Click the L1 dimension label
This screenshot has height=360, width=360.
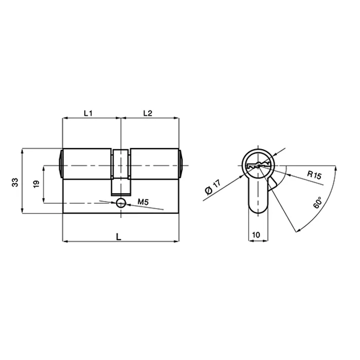(87, 113)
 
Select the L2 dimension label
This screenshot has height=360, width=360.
(147, 113)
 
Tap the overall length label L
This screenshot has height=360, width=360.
(119, 236)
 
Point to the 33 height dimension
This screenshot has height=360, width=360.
(15, 182)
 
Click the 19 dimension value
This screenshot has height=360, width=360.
(37, 184)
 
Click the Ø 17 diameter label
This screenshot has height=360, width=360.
(212, 187)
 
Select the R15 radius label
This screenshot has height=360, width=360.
(314, 175)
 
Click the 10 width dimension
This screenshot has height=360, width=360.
(256, 235)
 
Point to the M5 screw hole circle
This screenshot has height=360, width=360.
(120, 202)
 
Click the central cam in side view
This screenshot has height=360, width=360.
(121, 172)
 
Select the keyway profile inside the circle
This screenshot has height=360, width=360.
(258, 166)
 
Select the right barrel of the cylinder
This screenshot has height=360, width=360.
(154, 165)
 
